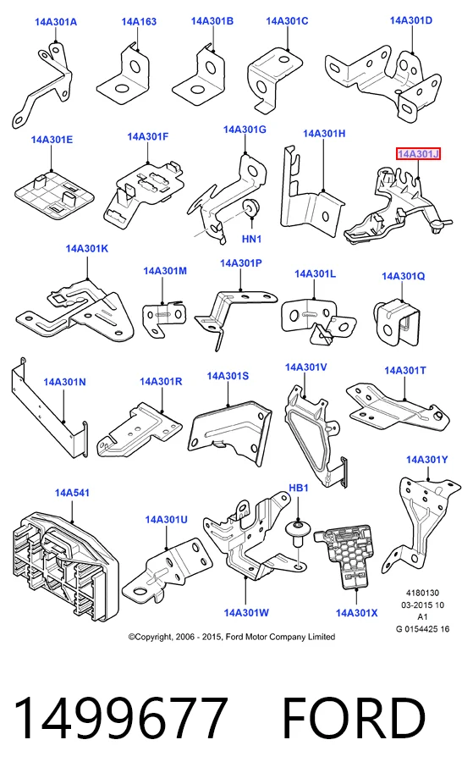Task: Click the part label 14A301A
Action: click(x=56, y=22)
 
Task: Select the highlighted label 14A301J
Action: click(x=418, y=154)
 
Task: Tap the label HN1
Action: click(x=252, y=239)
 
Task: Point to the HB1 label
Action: click(x=298, y=488)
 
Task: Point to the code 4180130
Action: click(x=422, y=593)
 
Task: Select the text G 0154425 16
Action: click(x=422, y=629)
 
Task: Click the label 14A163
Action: click(x=139, y=21)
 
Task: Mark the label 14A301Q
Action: click(x=403, y=276)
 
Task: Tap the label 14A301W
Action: click(x=246, y=612)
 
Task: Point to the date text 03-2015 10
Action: click(x=422, y=605)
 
